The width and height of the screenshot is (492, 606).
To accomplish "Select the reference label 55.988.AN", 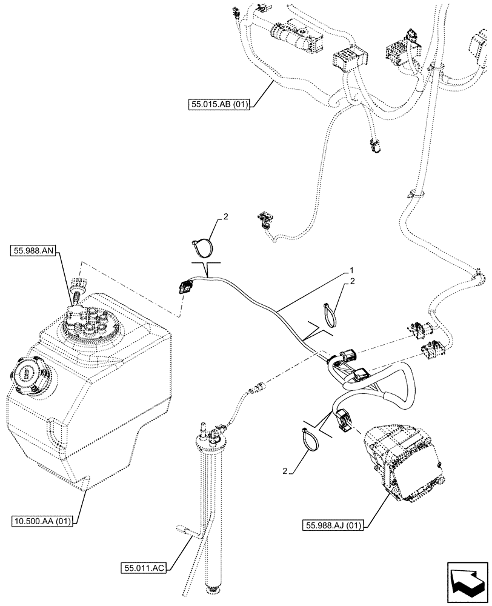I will (32, 250).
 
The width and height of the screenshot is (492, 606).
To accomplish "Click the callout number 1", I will (350, 268).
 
